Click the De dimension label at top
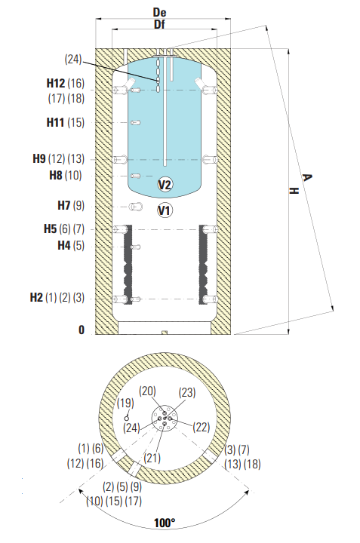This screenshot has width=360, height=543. (159, 13)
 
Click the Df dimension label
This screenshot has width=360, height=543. (159, 24)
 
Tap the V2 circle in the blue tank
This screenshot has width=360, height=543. (165, 185)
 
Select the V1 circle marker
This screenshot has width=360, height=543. (165, 210)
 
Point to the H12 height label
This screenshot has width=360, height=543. (55, 83)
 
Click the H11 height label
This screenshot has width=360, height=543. (55, 122)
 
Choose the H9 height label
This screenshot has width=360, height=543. (39, 158)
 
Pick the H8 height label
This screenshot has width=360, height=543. (56, 175)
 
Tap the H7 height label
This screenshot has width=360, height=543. (63, 205)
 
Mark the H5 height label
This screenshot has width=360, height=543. (51, 229)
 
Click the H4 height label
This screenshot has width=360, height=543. (64, 246)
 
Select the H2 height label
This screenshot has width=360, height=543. (36, 297)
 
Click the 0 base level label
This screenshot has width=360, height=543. (82, 330)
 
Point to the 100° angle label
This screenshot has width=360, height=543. (165, 523)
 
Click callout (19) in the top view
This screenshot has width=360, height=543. (125, 403)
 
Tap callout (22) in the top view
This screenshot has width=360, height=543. (202, 427)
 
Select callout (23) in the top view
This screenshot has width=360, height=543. (187, 393)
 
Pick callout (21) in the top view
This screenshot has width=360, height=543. (152, 458)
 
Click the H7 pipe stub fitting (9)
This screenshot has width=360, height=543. (136, 207)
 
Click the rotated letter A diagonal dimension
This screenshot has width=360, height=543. (306, 178)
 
